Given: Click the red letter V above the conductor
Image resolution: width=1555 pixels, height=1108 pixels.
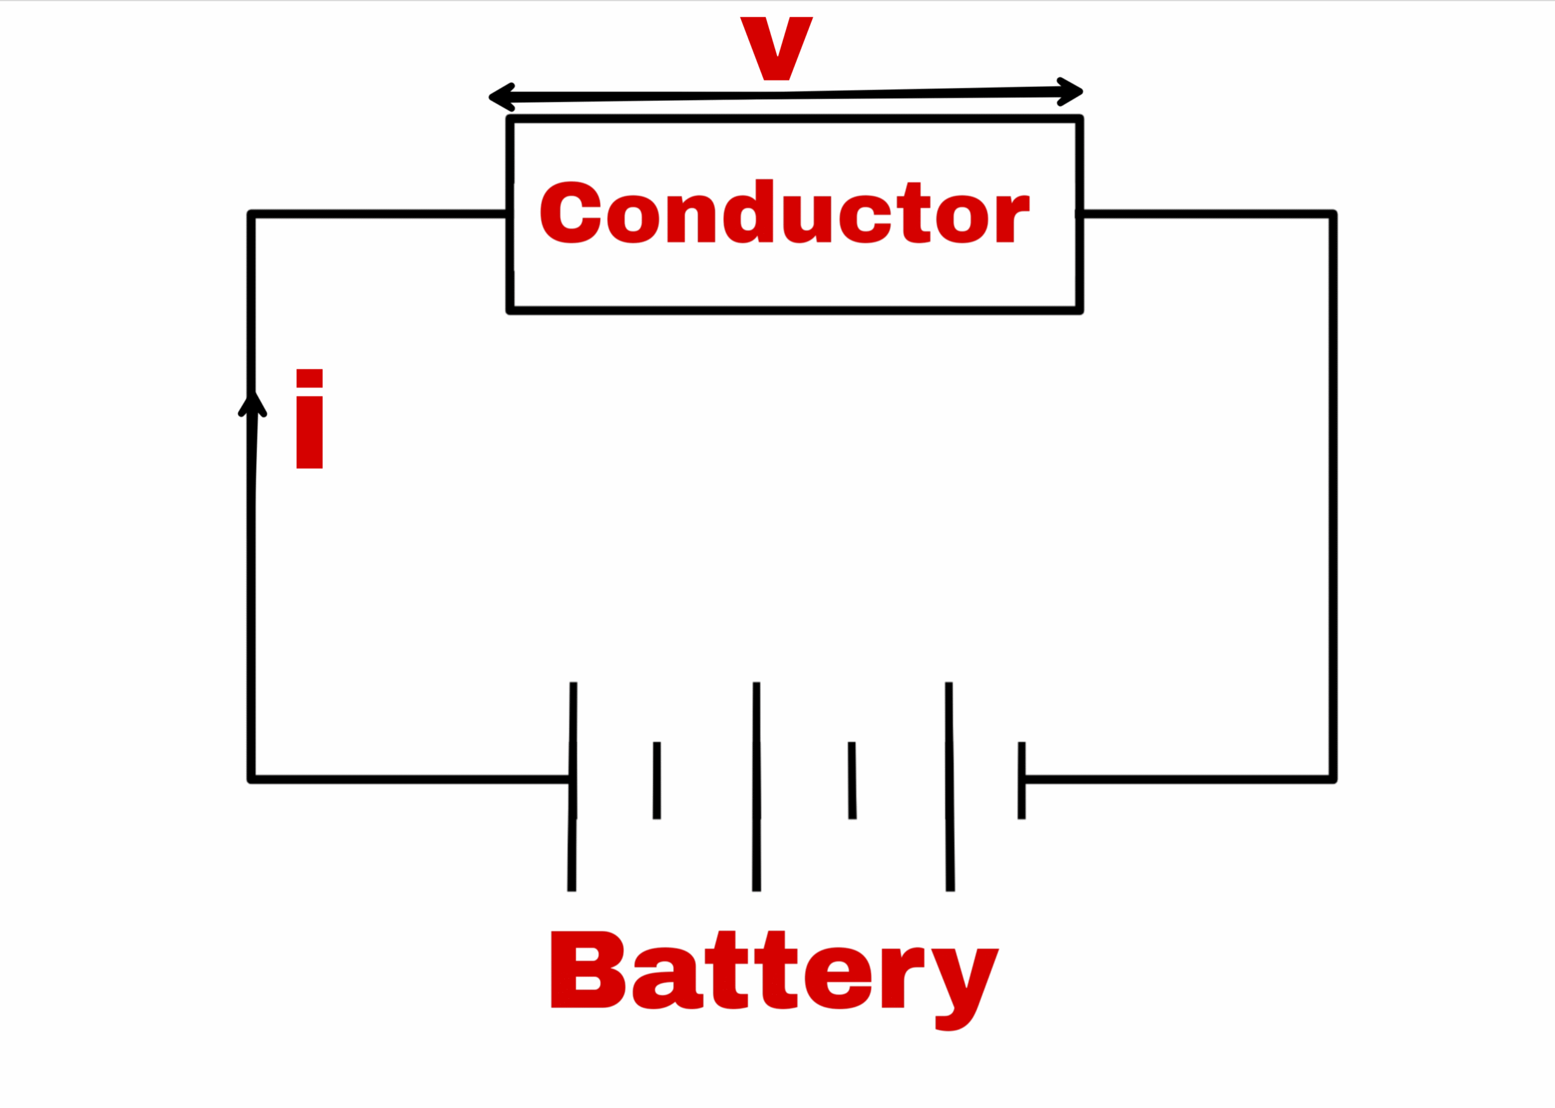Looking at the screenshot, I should coord(776,48).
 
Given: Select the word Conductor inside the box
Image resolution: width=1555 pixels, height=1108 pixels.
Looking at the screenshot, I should coord(784,212).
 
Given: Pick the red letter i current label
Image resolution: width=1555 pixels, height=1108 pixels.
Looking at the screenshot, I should coord(309,419).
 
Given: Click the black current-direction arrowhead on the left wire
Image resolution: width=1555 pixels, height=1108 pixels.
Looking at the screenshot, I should coord(252,404).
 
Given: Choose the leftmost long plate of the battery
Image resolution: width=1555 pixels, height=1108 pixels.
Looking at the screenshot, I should coord(573,786).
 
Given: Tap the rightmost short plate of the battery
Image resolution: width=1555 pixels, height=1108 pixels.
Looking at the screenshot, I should coord(1021,780).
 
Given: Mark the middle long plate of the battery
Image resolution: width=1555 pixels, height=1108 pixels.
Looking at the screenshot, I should coord(756,786).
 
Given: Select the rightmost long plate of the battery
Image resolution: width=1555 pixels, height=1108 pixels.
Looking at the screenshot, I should coord(949,786).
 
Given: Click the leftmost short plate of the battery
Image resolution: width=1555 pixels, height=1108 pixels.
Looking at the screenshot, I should coord(657,780).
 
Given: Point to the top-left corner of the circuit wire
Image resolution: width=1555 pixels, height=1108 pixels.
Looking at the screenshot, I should coord(251,215).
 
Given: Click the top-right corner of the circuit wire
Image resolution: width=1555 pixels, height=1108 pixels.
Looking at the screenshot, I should coord(1333,215).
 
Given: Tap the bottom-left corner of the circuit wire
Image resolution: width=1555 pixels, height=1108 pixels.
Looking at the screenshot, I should coord(251,780).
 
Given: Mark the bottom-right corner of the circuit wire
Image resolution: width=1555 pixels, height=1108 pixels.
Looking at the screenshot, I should coord(1333,780).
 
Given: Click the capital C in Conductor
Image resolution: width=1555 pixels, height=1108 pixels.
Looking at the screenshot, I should coord(570,212).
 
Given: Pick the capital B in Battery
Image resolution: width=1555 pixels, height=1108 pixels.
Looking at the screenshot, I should coord(587,969).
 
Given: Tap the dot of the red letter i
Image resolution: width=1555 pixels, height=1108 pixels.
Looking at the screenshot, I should coord(309,378).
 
